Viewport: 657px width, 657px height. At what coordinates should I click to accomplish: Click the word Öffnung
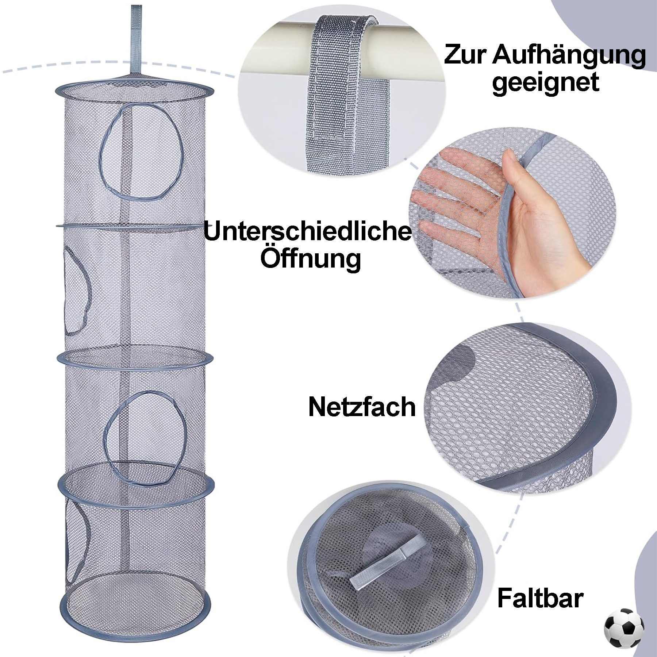point(310,258)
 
